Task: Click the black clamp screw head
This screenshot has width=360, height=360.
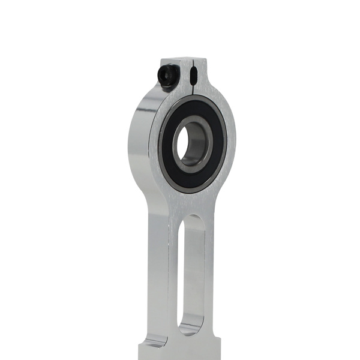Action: pos(165,76)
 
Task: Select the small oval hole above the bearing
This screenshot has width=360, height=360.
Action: pos(193,76)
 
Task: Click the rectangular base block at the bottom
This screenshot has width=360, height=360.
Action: pos(180,351)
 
